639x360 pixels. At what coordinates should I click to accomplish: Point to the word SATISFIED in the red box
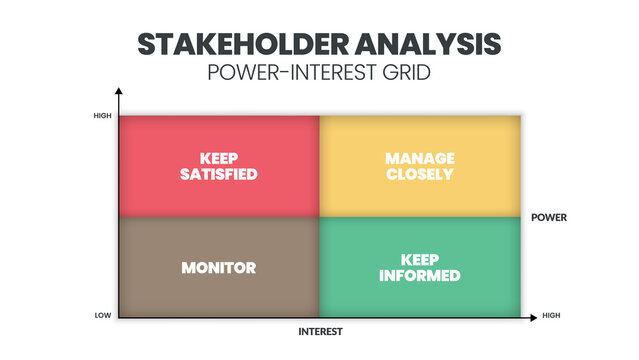[x=219, y=174]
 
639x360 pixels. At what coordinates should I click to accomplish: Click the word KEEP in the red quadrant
[x=219, y=158]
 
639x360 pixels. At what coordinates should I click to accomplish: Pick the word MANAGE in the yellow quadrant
[x=420, y=158]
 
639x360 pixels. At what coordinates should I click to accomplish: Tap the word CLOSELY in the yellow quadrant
[x=420, y=174]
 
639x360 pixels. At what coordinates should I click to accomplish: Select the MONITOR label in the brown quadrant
[x=219, y=267]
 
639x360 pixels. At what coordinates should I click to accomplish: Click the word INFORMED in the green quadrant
[x=420, y=275]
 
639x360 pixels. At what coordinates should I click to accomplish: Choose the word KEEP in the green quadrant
[x=420, y=259]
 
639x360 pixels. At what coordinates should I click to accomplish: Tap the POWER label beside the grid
[x=548, y=216]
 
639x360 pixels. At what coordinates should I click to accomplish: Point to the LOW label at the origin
[x=103, y=316]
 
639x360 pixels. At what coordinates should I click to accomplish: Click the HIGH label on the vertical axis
[x=103, y=116]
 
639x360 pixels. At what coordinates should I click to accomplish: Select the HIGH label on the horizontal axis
[x=551, y=316]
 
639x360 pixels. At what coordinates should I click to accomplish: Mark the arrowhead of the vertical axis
[x=118, y=91]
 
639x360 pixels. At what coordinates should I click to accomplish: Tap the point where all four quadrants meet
[x=319, y=217]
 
